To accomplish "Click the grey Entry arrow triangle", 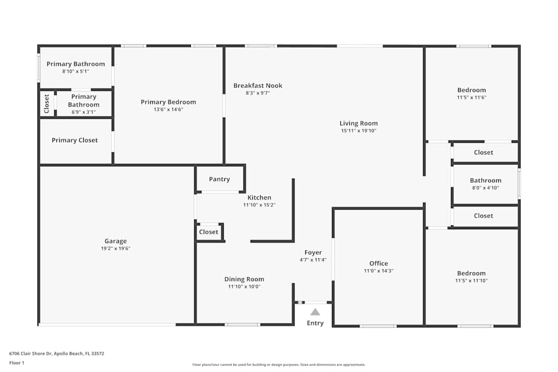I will (x=315, y=312).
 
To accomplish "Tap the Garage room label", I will (x=116, y=241).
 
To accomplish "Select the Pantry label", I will (x=219, y=179).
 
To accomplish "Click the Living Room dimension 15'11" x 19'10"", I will (x=359, y=131).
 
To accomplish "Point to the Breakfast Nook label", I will (x=258, y=85).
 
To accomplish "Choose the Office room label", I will (x=378, y=263).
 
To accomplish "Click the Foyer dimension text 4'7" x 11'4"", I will (x=313, y=260).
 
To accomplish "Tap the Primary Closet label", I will (x=75, y=140).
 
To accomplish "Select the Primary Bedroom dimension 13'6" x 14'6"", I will (x=169, y=110).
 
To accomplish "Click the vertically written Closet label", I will (x=47, y=103).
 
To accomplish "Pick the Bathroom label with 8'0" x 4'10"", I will (x=485, y=180).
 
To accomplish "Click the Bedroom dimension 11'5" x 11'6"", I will (x=472, y=98).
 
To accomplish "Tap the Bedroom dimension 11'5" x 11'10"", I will (x=472, y=281).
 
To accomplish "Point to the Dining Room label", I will (x=244, y=279).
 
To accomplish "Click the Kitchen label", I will (x=259, y=197).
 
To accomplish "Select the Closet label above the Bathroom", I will (x=484, y=152).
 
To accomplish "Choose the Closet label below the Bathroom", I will (x=484, y=216).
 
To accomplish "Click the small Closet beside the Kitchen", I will (x=209, y=232).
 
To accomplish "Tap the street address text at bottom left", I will (x=57, y=354).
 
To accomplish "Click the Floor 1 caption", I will (x=17, y=363).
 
